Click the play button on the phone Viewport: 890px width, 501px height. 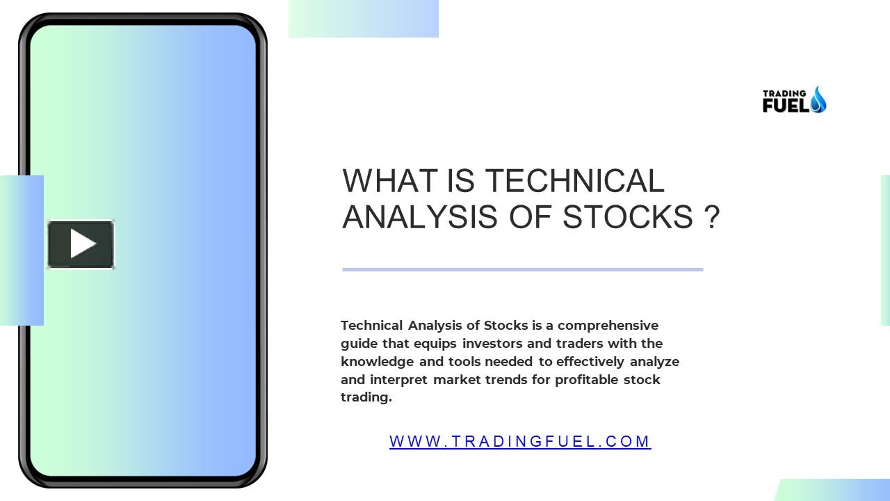pos(81,244)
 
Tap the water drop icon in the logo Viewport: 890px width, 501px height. pos(818,100)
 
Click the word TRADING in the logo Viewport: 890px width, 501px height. pos(784,93)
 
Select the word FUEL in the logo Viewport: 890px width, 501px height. pos(785,106)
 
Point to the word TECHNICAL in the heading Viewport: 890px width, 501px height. pos(574,181)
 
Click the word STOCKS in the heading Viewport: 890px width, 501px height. pos(627,217)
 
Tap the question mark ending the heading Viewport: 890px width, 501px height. pos(711,217)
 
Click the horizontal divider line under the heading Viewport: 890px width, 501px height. pos(522,269)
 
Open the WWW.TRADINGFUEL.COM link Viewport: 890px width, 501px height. pos(520,441)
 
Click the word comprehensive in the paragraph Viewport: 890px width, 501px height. pos(608,325)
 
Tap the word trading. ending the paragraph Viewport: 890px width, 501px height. pos(366,397)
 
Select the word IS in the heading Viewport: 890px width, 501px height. pos(462,181)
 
